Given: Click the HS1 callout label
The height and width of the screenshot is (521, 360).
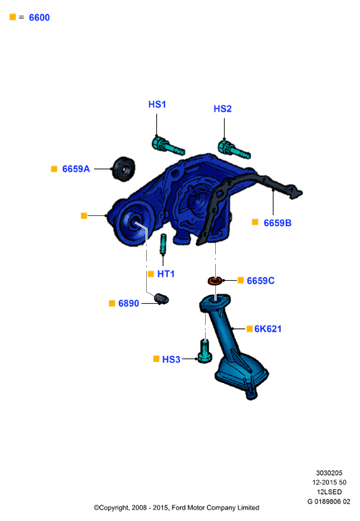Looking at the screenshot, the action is click(157, 104).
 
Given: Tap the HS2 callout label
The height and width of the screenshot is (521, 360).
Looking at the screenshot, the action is click(223, 109).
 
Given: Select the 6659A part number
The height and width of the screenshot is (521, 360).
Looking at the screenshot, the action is click(76, 168).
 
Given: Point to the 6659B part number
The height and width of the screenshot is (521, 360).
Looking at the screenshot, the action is click(277, 223).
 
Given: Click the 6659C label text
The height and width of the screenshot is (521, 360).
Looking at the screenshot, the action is click(261, 281).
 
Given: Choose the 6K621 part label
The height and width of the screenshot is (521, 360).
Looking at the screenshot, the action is click(268, 329).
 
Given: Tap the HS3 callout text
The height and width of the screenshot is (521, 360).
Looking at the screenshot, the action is click(171, 359).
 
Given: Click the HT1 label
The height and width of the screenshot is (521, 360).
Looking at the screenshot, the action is click(166, 274).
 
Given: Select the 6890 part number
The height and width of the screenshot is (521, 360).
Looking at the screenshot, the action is click(129, 303).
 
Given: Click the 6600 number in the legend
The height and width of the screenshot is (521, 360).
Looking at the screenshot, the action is click(39, 18).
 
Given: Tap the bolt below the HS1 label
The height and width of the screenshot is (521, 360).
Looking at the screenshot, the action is click(168, 146).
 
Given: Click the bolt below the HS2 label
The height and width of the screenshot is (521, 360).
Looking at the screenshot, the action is click(233, 150).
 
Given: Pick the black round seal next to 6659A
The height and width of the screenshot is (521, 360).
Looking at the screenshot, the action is click(124, 168).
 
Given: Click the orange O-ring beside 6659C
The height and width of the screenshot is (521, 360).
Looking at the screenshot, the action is click(215, 281).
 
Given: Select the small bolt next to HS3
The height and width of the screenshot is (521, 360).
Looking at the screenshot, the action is click(205, 351).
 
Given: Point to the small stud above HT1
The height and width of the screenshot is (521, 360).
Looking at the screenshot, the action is click(163, 244).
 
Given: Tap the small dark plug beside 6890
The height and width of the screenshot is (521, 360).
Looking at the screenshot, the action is click(162, 299).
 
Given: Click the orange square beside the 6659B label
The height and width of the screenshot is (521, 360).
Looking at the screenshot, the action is click(255, 222).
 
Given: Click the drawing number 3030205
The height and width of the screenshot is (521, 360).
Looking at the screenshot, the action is click(329, 473).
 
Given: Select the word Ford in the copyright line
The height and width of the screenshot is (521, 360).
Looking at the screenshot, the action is click(179, 507).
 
